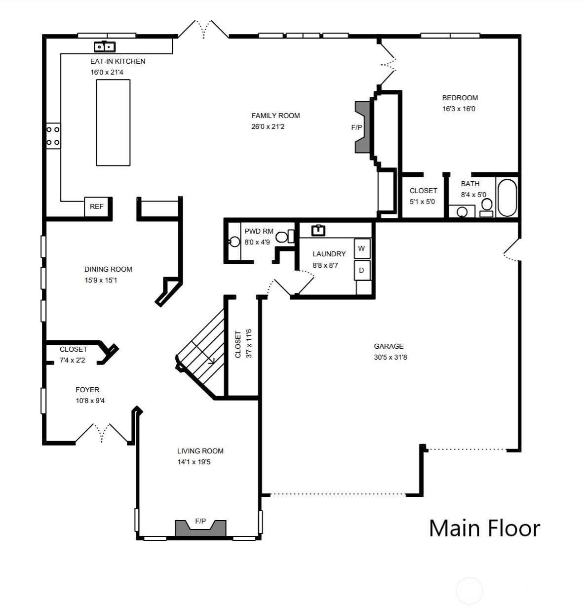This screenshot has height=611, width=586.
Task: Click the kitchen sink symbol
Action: click(x=105, y=47)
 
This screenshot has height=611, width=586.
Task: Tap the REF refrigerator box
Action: click(x=97, y=206)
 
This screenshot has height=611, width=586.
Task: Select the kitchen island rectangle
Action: click(x=113, y=122)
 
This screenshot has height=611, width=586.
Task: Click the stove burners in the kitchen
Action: click(x=53, y=136)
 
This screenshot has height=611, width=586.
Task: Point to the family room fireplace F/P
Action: click(x=362, y=127)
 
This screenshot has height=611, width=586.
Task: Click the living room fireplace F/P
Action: click(x=200, y=528)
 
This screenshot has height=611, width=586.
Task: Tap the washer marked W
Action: click(x=361, y=248)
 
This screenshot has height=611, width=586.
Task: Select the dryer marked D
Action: click(x=361, y=270)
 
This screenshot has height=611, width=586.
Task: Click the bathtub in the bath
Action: click(x=507, y=198)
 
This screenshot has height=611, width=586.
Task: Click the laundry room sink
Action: click(x=318, y=230)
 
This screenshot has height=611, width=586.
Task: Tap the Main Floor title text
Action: click(x=484, y=528)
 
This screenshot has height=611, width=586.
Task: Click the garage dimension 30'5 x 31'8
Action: click(x=390, y=357)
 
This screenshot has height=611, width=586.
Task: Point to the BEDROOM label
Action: click(x=460, y=98)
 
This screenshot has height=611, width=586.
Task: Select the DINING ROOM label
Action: click(x=108, y=269)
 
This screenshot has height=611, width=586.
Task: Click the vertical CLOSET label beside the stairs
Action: click(x=238, y=344)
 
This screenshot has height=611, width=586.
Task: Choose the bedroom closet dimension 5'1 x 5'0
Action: click(x=422, y=202)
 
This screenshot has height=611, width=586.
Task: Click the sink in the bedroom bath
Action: click(x=462, y=212)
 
